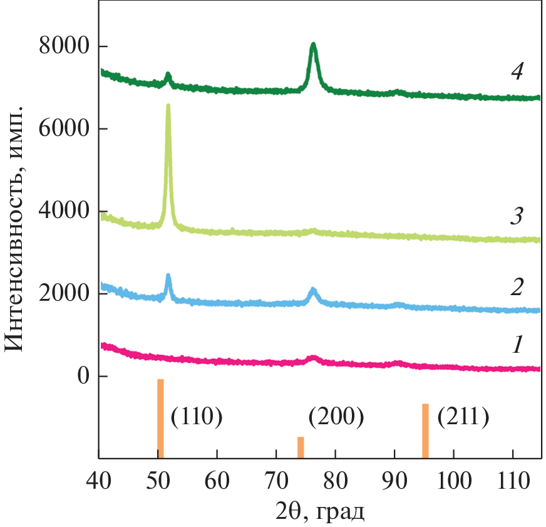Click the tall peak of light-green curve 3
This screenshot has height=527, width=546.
click(x=168, y=107)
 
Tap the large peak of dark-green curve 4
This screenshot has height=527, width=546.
click(x=313, y=45)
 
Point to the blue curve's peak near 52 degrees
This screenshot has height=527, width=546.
click(x=168, y=276)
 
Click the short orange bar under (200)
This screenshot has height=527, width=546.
click(x=301, y=447)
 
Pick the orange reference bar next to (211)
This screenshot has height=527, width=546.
click(x=425, y=430)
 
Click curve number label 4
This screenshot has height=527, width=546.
click(x=517, y=72)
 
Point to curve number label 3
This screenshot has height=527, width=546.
click(x=517, y=217)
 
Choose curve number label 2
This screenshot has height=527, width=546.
click(x=517, y=288)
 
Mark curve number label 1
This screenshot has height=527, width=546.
click(x=517, y=345)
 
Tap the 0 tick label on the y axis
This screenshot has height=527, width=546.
click(x=82, y=377)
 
